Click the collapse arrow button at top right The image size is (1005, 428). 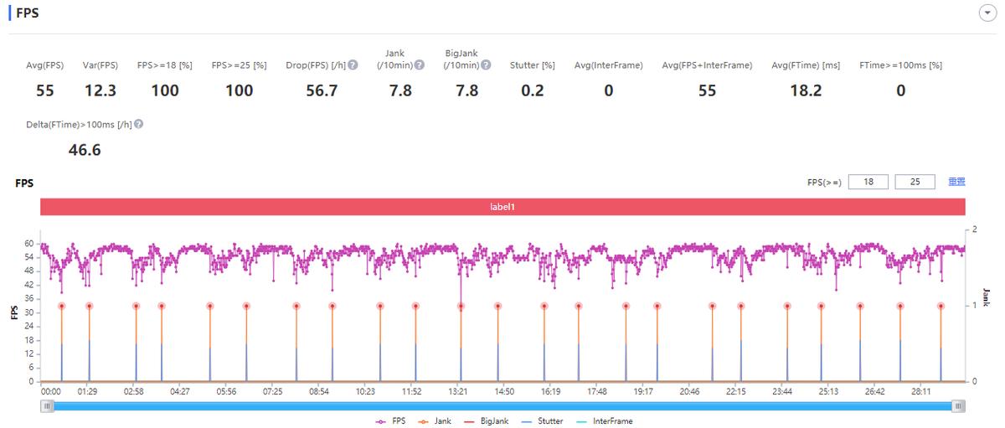pyautogui.click(x=985, y=14)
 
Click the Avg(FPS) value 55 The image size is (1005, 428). pyautogui.click(x=45, y=90)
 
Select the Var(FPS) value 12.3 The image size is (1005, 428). pyautogui.click(x=100, y=90)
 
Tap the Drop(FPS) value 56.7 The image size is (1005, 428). pyautogui.click(x=322, y=90)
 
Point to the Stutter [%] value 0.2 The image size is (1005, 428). pyautogui.click(x=532, y=90)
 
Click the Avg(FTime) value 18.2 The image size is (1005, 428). pyautogui.click(x=807, y=90)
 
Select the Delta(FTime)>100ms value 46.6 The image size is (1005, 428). pyautogui.click(x=85, y=150)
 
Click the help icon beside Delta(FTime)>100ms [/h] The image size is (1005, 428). pyautogui.click(x=138, y=124)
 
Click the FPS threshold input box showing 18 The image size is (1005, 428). pyautogui.click(x=868, y=182)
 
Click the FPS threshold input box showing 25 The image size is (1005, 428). pyautogui.click(x=915, y=182)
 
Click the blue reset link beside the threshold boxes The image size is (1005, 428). pyautogui.click(x=956, y=182)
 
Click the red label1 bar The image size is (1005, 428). pyautogui.click(x=502, y=206)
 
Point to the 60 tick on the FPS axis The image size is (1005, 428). pyautogui.click(x=28, y=244)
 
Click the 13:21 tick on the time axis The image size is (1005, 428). pyautogui.click(x=457, y=391)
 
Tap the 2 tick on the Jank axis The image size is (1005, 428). pyautogui.click(x=974, y=229)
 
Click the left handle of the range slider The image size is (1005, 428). pyautogui.click(x=48, y=406)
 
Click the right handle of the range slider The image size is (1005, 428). pyautogui.click(x=958, y=406)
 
